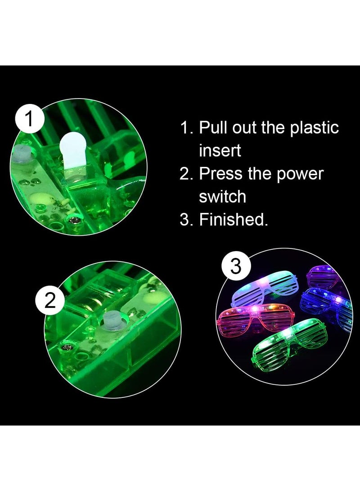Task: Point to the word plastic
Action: pyautogui.click(x=314, y=129)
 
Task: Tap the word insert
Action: pyautogui.click(x=220, y=151)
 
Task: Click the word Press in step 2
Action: pyautogui.click(x=220, y=173)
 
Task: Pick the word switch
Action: pyautogui.click(x=223, y=196)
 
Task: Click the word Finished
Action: pyautogui.click(x=234, y=219)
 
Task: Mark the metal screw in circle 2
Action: pyautogui.click(x=66, y=348)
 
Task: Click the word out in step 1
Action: pyautogui.click(x=244, y=128)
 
